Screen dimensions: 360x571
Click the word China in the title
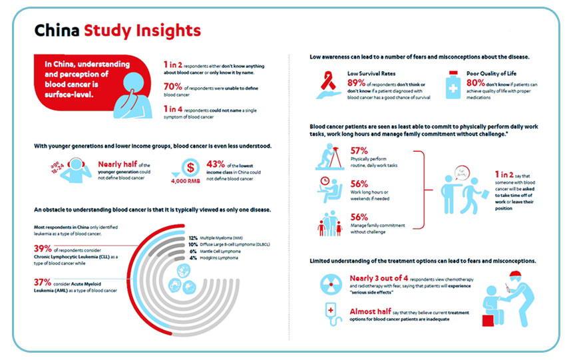[57, 31]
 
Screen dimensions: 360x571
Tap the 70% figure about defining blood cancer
[174, 86]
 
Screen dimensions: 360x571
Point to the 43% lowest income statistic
[218, 164]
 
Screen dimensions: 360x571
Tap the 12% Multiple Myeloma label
[193, 238]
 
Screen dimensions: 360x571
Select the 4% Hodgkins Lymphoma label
[193, 257]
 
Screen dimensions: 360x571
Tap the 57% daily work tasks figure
[359, 150]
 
